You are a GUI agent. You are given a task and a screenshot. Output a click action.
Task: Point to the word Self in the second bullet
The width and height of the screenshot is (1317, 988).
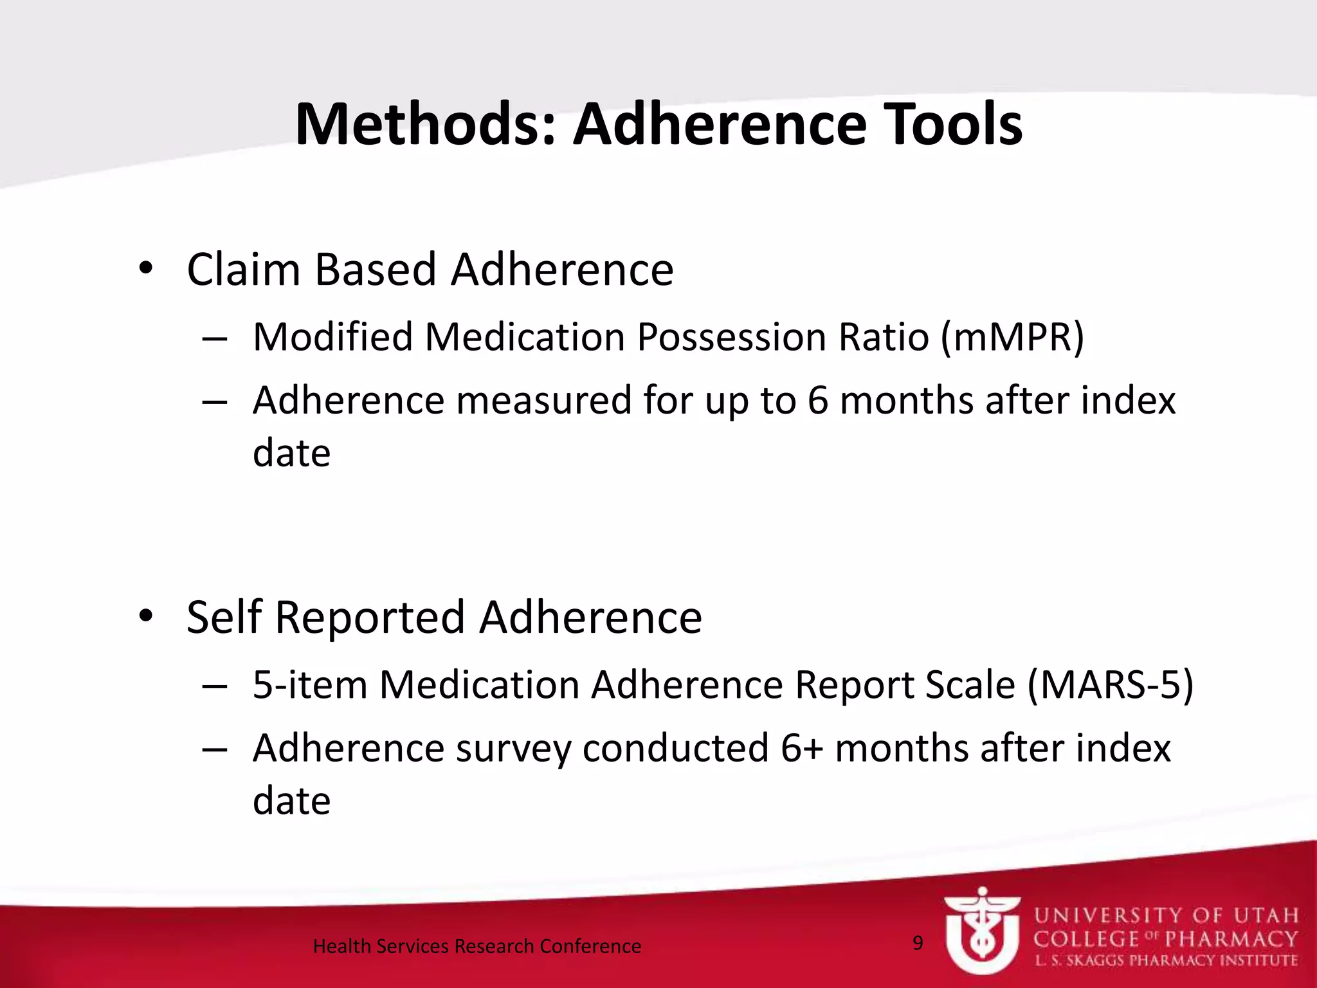click(x=224, y=617)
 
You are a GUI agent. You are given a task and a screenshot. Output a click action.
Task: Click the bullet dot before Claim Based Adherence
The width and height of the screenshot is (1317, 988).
click(x=146, y=269)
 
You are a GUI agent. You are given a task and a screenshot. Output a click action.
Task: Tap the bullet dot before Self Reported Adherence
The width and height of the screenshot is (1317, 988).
click(x=146, y=616)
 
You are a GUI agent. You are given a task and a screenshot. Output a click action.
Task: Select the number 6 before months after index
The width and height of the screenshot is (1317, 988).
click(x=817, y=401)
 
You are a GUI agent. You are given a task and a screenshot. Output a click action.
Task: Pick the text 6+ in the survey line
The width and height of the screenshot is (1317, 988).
click(x=802, y=748)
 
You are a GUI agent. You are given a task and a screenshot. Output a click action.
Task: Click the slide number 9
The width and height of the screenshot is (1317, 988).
click(x=918, y=943)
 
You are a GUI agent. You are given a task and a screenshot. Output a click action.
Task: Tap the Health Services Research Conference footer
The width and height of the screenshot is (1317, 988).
click(x=477, y=946)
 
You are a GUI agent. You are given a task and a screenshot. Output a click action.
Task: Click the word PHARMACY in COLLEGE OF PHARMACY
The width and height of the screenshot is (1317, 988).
click(x=1231, y=939)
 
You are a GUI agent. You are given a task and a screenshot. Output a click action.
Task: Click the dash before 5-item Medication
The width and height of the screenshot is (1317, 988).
click(x=213, y=686)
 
